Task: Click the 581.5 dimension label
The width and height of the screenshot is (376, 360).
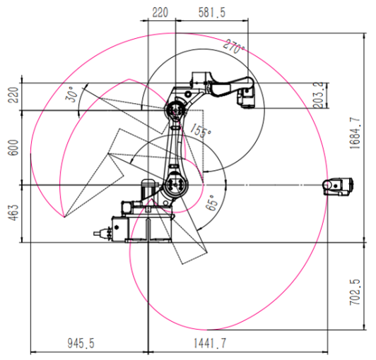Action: [212, 13]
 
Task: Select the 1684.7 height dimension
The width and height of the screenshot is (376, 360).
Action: [355, 133]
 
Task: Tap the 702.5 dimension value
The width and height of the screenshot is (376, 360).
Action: [355, 292]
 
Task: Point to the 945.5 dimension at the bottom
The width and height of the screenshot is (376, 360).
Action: [81, 343]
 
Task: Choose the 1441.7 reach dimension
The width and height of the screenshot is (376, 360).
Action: [210, 343]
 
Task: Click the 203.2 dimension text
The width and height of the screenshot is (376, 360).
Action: [318, 95]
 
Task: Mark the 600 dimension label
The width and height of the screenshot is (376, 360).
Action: [13, 148]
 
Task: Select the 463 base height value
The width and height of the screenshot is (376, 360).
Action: [13, 212]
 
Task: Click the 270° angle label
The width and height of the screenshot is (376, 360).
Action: [233, 47]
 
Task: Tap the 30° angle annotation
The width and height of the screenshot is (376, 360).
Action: [71, 94]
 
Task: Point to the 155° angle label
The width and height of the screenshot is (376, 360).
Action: [201, 131]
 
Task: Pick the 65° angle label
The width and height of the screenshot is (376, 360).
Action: [212, 203]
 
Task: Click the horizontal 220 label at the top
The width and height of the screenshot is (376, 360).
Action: [160, 13]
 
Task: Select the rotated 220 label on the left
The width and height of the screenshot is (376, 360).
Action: [13, 95]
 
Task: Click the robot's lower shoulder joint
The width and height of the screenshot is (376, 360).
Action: [175, 185]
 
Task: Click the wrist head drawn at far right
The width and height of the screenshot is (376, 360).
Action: [338, 186]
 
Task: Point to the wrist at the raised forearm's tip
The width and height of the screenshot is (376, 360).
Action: [247, 96]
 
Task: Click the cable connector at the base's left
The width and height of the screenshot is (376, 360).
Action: [102, 233]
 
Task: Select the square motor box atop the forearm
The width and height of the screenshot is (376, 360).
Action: [199, 78]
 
